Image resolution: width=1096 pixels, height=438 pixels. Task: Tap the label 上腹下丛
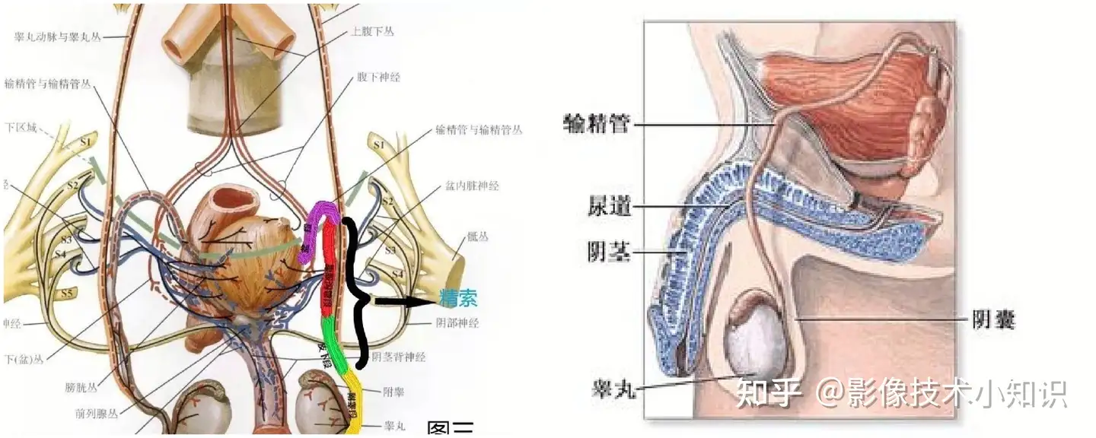(x=372, y=32)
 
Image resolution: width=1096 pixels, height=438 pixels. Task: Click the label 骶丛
(x=479, y=236)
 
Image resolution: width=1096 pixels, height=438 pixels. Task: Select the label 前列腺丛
(x=96, y=414)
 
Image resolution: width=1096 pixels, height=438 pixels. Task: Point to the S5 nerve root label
(x=65, y=293)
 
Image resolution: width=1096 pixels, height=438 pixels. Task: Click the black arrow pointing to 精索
(x=403, y=301)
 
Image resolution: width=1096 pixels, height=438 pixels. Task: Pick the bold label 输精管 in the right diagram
(x=597, y=123)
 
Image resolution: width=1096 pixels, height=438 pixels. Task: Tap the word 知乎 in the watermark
(x=769, y=393)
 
